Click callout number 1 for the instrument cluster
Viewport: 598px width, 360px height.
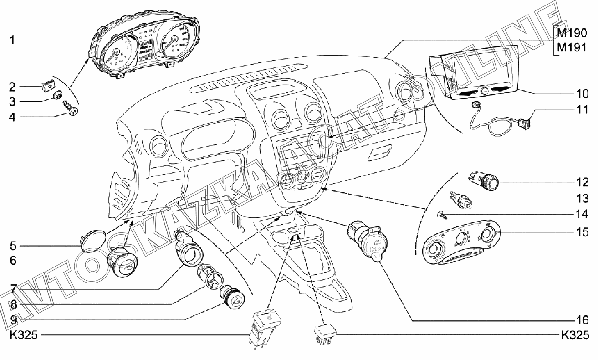click(x=13, y=40)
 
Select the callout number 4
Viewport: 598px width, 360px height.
click(x=13, y=117)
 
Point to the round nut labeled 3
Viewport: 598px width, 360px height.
click(x=58, y=95)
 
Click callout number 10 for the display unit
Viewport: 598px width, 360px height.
click(x=582, y=94)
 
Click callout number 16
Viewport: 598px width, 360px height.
click(x=582, y=319)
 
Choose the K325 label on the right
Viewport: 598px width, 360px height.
click(x=575, y=336)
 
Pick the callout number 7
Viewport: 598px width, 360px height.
click(x=13, y=288)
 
